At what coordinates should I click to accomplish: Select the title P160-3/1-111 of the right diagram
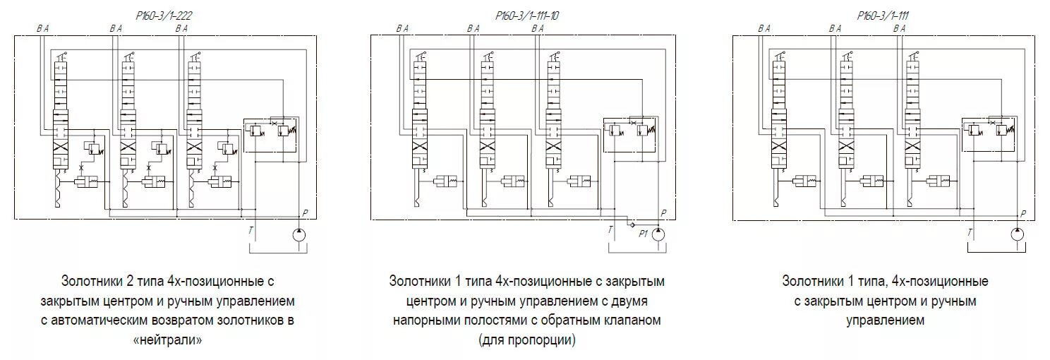tap(882, 15)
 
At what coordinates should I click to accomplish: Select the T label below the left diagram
tap(250, 230)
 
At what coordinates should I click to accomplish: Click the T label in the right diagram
tap(970, 231)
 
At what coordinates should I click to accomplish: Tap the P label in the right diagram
tap(1023, 212)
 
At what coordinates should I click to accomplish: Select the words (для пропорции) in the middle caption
tap(526, 340)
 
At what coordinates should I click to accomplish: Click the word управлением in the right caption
tap(885, 320)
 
